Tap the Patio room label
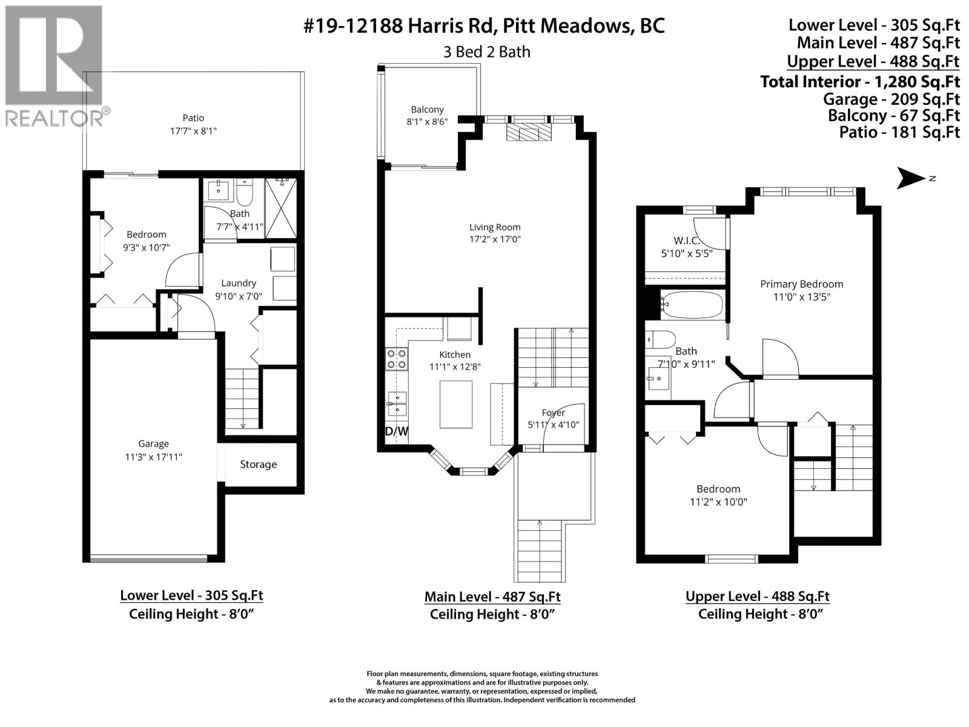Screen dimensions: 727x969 coord(193,118)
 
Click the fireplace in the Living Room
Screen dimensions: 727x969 coord(529,133)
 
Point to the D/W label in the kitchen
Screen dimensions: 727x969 coord(397,431)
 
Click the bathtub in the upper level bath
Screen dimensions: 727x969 coord(691,305)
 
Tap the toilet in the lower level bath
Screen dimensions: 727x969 coord(245,193)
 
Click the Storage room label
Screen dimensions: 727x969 coord(258,465)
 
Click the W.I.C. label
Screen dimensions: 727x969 coord(686,241)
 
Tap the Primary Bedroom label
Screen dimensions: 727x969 coord(801,284)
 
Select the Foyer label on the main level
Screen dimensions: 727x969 coord(553,413)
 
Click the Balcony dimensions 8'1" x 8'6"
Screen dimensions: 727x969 coord(427,122)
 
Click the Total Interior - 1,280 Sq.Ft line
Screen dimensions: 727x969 coord(860,81)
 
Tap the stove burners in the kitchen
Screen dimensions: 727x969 coord(397,359)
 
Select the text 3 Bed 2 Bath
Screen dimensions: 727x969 coord(486,52)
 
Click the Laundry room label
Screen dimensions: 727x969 coord(239,283)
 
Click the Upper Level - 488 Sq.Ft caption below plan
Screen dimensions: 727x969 coord(757,596)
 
